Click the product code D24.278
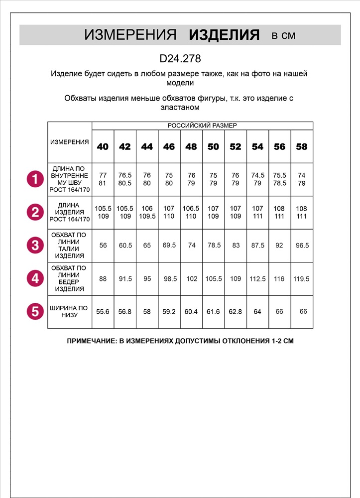click(x=180, y=59)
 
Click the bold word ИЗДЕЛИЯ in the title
click(x=225, y=35)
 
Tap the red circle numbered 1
click(x=35, y=179)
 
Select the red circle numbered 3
click(x=35, y=246)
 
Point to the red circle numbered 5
click(x=35, y=312)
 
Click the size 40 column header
click(x=103, y=147)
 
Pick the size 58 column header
click(x=302, y=147)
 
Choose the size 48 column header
click(x=191, y=147)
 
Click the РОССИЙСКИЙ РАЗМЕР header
click(x=202, y=125)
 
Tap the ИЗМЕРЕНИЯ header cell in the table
click(x=70, y=142)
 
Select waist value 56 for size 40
click(x=103, y=246)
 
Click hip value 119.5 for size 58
click(x=302, y=279)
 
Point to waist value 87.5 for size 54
click(x=257, y=246)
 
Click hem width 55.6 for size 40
click(x=103, y=312)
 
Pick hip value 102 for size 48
click(x=191, y=279)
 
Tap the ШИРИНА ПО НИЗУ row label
click(x=70, y=312)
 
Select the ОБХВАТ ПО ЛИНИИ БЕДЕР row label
click(x=70, y=278)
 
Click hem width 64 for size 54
click(x=257, y=312)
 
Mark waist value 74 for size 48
click(x=191, y=246)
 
